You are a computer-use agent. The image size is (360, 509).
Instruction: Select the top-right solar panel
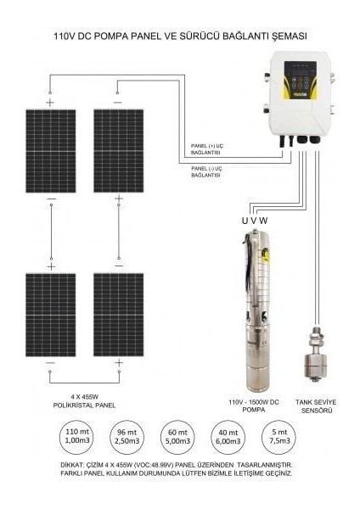118,150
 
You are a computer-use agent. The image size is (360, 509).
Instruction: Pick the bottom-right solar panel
118,314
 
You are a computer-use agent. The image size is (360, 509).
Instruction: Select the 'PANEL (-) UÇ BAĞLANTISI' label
206,171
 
